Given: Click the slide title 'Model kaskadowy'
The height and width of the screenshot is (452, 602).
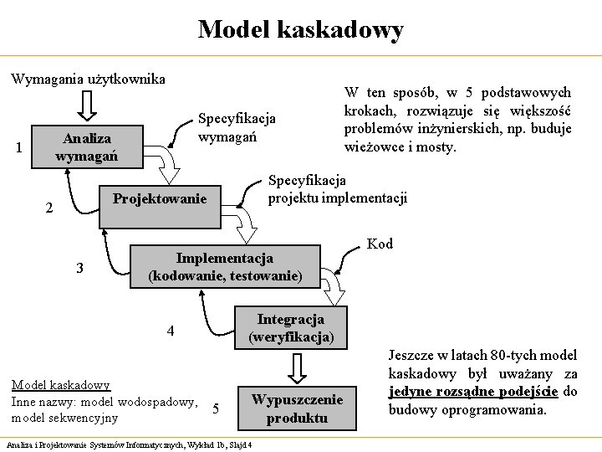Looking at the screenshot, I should pos(300,30).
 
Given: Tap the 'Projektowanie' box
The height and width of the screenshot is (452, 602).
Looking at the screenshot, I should pos(159,198).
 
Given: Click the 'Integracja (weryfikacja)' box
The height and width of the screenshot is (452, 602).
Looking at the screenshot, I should pos(290,328).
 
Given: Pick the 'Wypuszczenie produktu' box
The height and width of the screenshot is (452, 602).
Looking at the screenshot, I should pos(297,408).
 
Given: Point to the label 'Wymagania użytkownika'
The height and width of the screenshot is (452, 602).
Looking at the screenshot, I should pos(88,80).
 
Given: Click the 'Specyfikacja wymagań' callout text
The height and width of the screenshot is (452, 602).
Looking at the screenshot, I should pos(237,127).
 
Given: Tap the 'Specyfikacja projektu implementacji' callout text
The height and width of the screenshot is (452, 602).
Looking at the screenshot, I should pos(337,189).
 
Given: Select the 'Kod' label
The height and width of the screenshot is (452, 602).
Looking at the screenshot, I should pos(380,244).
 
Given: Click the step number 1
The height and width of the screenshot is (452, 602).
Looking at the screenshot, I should pos(18,149).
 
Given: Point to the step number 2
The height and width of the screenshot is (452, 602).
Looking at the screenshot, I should pos(48,208).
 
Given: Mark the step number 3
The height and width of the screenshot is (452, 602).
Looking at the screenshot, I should pos(79,269).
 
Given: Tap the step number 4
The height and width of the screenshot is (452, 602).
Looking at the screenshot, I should pos(171,331).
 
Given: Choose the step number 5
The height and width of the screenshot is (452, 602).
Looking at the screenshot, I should pos(216,409).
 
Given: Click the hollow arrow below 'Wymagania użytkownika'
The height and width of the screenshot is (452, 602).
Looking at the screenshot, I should pos(86,105).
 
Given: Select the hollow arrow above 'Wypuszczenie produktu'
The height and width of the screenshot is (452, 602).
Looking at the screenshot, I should pos(297,366).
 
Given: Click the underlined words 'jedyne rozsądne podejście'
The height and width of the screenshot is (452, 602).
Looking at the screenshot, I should pos(474,392).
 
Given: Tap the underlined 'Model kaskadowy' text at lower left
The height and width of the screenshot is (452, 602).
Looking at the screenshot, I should pos(60,385).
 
